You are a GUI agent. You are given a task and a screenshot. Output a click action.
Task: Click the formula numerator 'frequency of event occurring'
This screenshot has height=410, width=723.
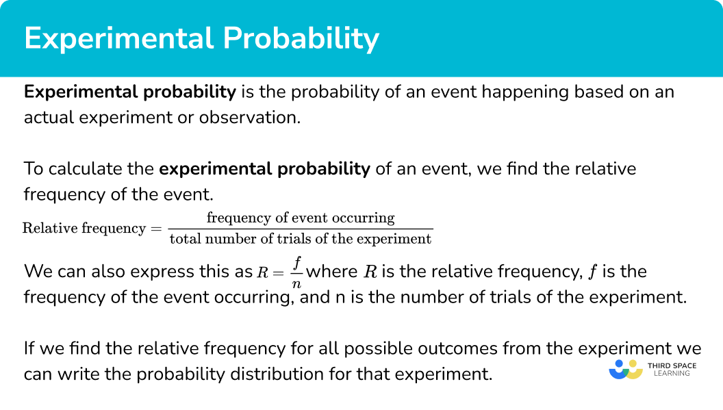(x=301, y=218)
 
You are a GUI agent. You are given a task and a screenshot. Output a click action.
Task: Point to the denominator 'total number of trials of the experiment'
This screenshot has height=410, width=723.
(x=301, y=239)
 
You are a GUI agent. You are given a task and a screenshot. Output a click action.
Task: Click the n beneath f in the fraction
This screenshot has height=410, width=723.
(x=297, y=282)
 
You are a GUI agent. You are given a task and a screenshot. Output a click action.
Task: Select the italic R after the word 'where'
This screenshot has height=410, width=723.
(x=370, y=272)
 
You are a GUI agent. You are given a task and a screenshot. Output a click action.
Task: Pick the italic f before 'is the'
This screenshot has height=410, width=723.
(x=592, y=272)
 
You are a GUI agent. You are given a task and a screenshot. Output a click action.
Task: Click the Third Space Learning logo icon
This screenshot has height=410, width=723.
(x=625, y=370)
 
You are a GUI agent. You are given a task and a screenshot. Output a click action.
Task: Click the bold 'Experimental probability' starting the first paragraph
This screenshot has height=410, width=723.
(x=130, y=92)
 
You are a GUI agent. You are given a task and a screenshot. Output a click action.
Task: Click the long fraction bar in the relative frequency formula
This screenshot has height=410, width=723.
(x=301, y=229)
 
